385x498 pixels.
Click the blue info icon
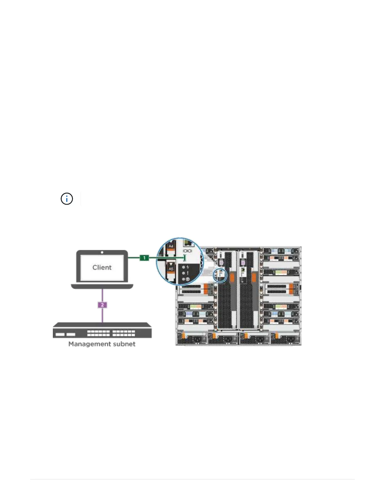[67, 199]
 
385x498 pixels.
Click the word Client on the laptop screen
[102, 268]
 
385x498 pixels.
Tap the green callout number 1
[144, 258]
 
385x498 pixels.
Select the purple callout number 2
[102, 305]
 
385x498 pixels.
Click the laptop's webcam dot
[102, 252]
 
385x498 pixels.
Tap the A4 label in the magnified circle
[171, 246]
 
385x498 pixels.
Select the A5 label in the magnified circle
[171, 269]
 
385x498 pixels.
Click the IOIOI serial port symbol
[187, 251]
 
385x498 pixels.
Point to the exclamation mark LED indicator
[187, 273]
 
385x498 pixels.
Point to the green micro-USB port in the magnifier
[185, 258]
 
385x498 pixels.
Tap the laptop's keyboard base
[102, 286]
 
